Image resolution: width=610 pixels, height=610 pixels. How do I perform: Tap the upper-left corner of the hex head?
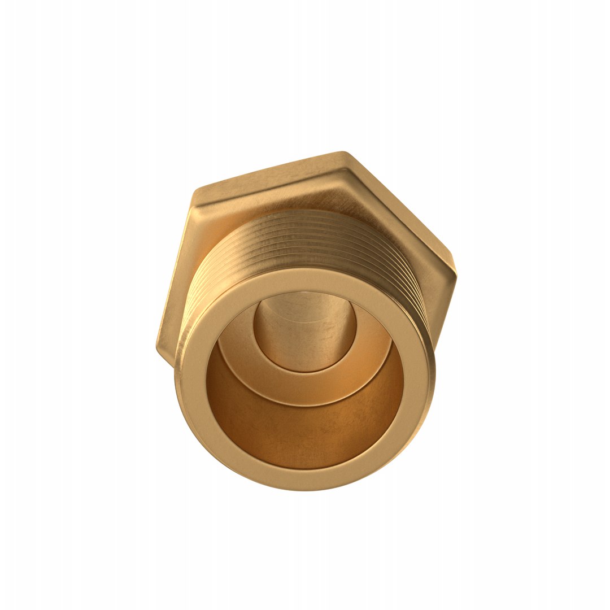(x=197, y=191)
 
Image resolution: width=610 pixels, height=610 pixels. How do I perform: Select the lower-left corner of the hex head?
(x=159, y=346)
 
